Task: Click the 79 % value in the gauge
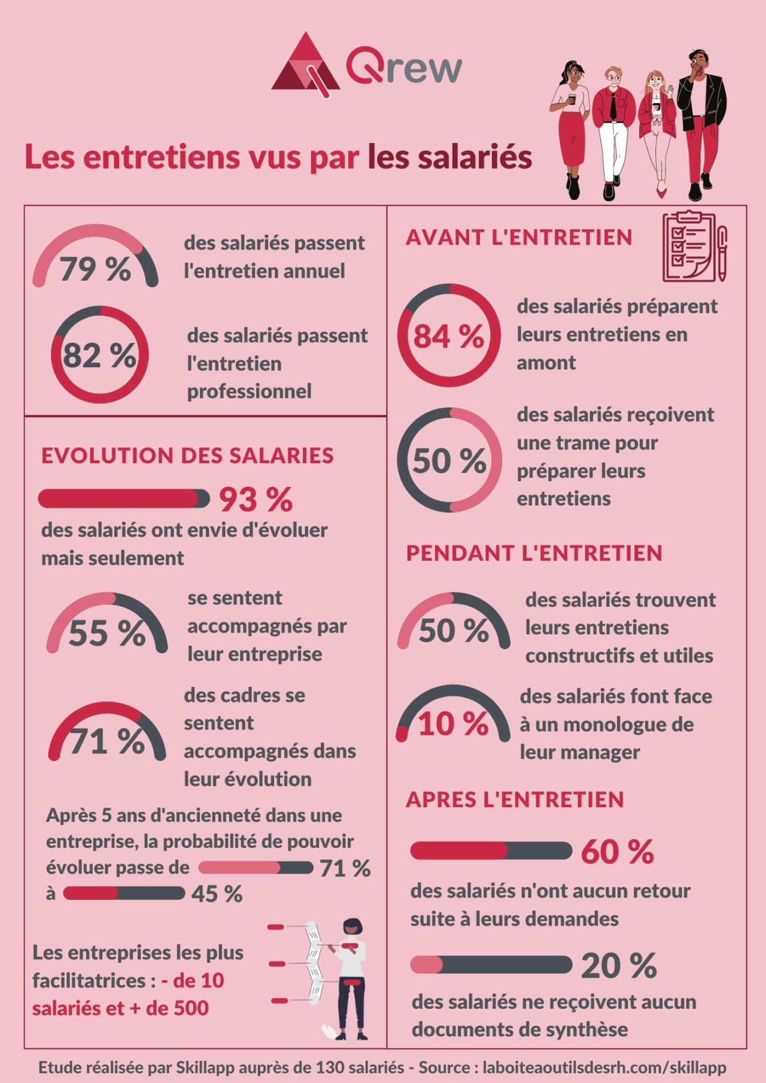95,269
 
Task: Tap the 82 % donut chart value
99,355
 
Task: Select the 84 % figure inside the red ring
449,336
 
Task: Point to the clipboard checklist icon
694,246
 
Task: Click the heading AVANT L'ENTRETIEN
519,238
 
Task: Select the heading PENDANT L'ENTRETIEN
534,553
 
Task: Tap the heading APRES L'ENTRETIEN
515,799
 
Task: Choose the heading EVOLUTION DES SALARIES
187,455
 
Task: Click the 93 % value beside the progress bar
256,500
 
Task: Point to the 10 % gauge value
453,724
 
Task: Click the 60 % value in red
617,852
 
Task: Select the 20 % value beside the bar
618,966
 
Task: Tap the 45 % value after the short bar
217,894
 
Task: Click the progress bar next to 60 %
491,850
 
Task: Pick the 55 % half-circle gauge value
107,633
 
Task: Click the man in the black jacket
701,123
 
